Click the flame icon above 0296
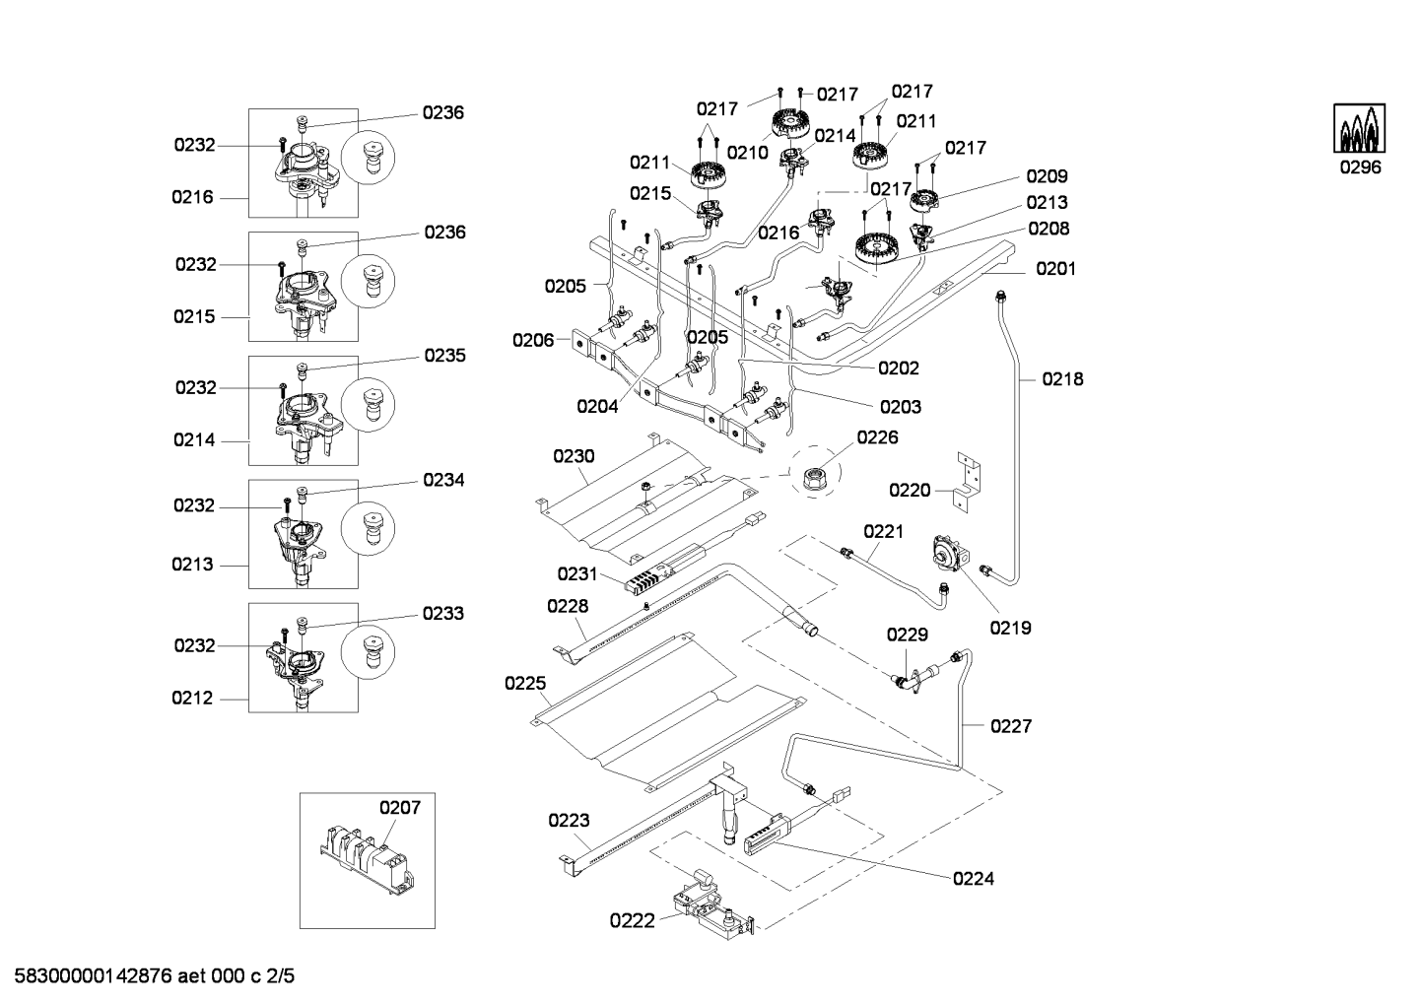click(1359, 128)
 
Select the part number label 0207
click(400, 807)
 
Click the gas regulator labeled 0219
click(950, 553)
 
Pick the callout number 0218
click(1062, 379)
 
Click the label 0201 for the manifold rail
click(1055, 269)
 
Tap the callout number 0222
click(632, 921)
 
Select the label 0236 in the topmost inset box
click(442, 113)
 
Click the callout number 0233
click(442, 613)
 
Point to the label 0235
click(444, 356)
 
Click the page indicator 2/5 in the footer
click(280, 976)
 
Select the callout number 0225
click(525, 683)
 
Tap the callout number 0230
click(574, 456)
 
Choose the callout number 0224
click(974, 879)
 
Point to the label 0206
click(533, 341)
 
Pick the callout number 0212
click(192, 699)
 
